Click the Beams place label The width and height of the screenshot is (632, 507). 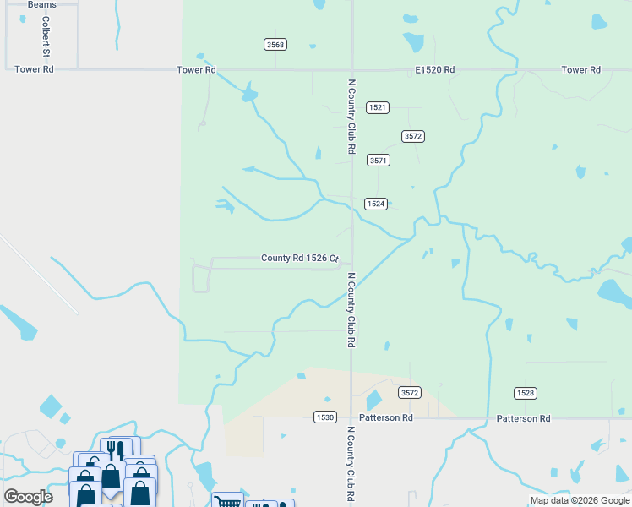click(41, 5)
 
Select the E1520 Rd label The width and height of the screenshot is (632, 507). click(435, 69)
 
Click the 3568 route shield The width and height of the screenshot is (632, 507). click(274, 44)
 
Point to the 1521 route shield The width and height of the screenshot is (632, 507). click(377, 107)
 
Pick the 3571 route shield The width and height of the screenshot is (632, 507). click(378, 160)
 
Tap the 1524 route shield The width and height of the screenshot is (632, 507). click(376, 204)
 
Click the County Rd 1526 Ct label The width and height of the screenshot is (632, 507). click(299, 259)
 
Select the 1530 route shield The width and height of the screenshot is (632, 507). click(324, 417)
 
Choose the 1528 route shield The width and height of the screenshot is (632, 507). click(525, 393)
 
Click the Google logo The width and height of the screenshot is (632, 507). click(29, 496)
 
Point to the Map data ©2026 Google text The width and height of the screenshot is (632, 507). click(580, 500)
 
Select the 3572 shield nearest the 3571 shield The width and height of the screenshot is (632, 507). click(412, 136)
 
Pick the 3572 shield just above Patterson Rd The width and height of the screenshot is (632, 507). click(410, 393)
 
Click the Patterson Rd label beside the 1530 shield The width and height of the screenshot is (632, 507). click(385, 417)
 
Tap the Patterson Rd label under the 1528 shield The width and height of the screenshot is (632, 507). click(523, 418)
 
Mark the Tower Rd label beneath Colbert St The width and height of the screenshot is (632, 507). click(35, 69)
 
